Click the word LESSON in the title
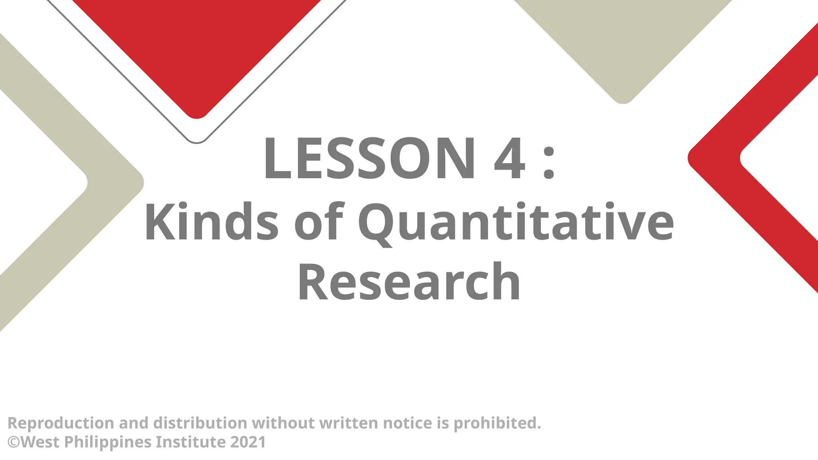coord(369,159)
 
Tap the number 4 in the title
coord(509,159)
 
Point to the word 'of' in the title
coord(319,222)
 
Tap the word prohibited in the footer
coord(497,423)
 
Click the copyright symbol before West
coord(14,442)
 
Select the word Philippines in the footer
coord(108,442)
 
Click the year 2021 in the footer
coord(248,442)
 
